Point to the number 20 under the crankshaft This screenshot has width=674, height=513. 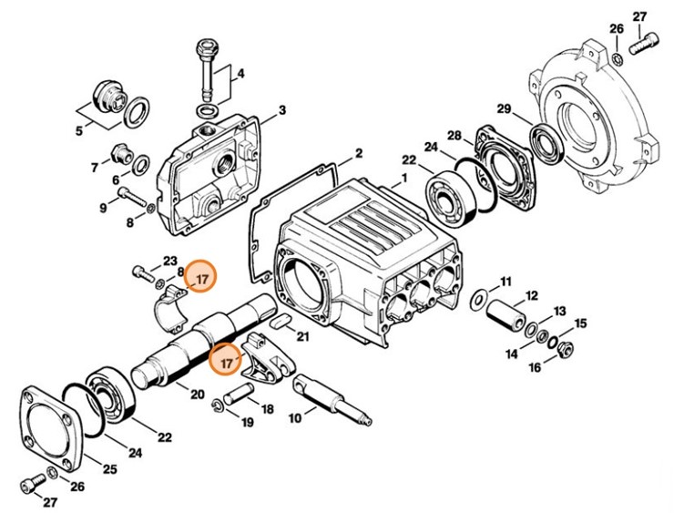(196, 393)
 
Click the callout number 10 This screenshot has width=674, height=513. (294, 418)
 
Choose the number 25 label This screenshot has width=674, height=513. (109, 469)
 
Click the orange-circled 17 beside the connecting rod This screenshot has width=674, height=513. (225, 361)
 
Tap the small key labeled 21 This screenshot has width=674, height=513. (281, 321)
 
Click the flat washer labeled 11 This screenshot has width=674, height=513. (477, 298)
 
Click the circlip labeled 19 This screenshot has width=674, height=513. (220, 405)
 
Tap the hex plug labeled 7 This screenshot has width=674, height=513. (117, 151)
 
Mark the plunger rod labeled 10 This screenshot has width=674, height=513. (328, 401)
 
